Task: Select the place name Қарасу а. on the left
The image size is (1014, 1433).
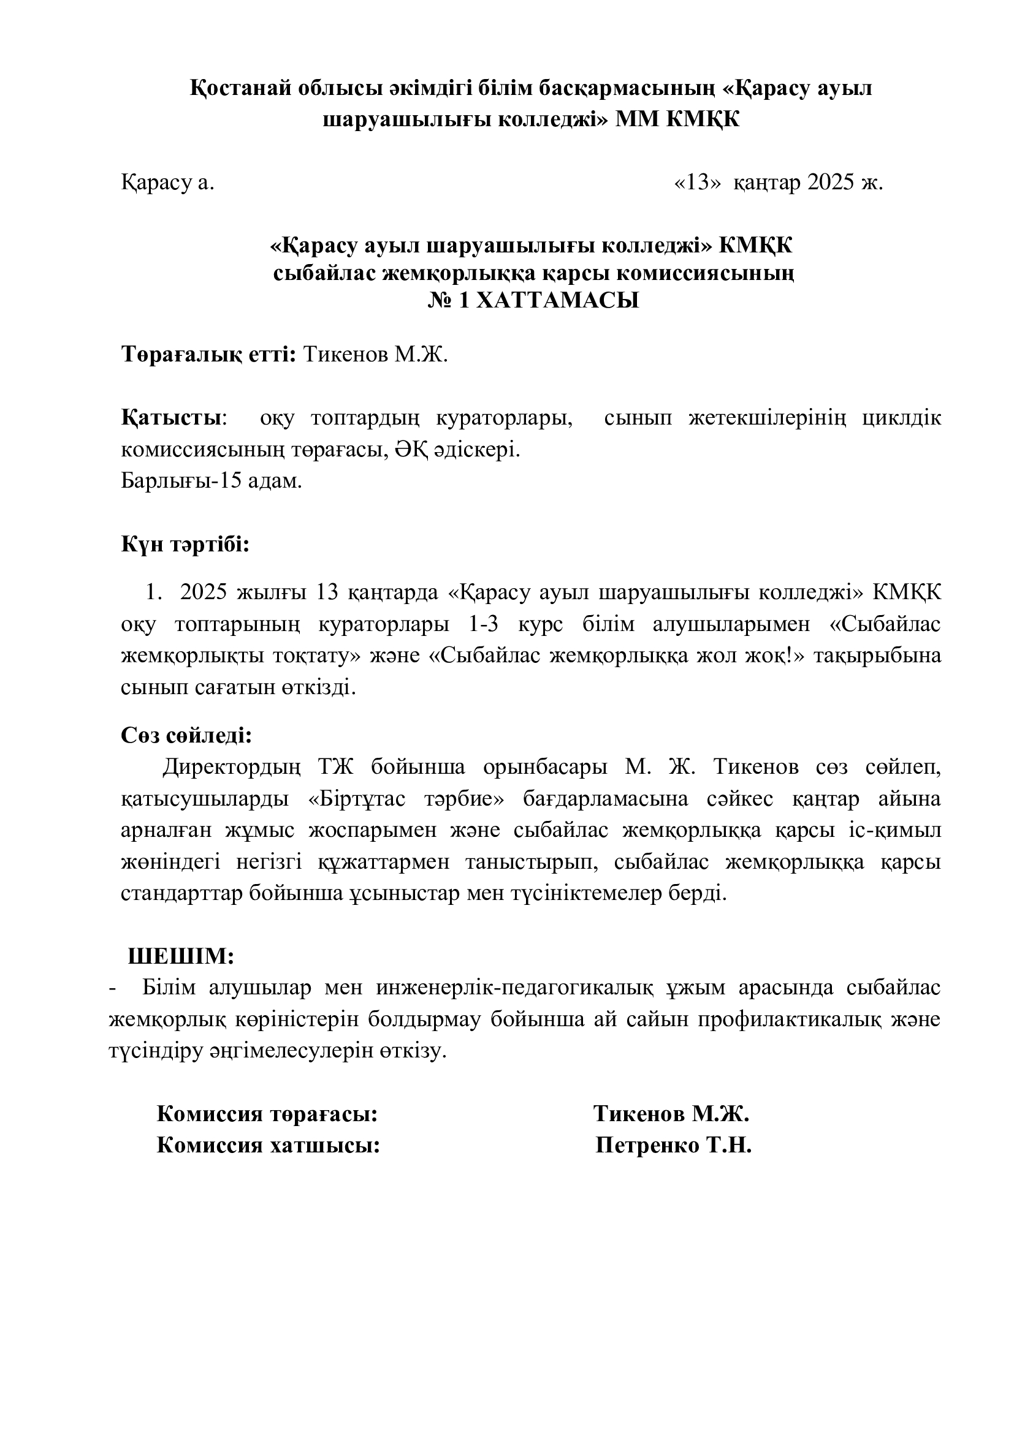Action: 167,183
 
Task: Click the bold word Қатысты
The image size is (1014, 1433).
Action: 170,418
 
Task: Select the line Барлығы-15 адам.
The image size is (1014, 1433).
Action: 211,481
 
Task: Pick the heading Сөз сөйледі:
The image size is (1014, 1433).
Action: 186,735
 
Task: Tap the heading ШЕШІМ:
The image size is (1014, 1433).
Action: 181,956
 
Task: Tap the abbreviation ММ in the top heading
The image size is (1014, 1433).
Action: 636,119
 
